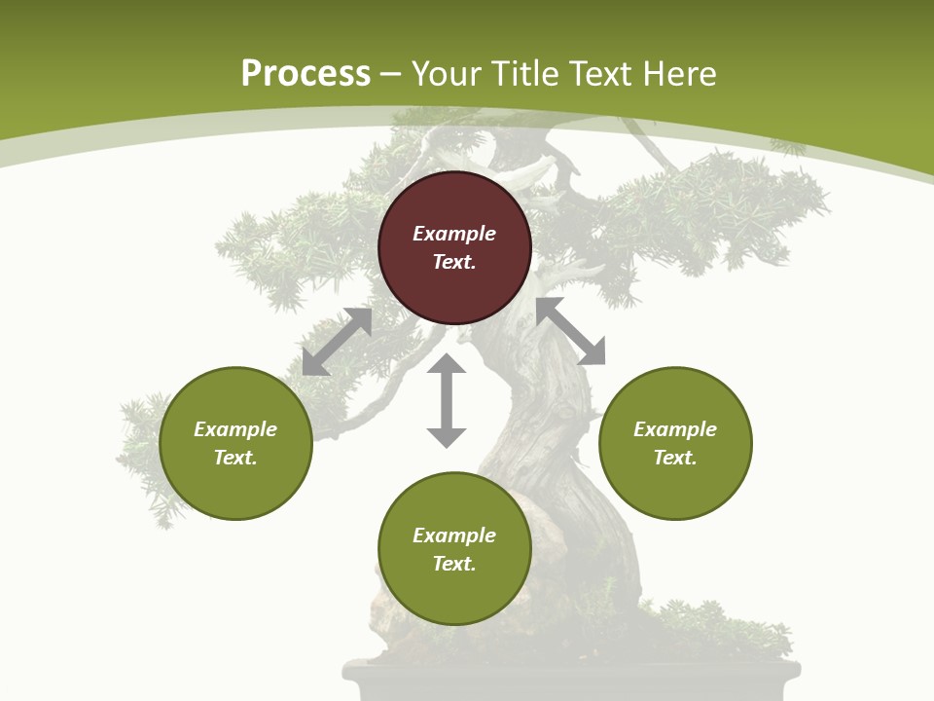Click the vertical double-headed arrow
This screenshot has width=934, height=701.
coord(447,401)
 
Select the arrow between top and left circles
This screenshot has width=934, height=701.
coord(337,342)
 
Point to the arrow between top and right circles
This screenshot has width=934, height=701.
coord(571,332)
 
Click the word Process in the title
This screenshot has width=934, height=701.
coord(305,74)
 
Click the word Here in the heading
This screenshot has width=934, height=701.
coord(679,74)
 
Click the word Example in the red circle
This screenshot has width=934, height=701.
coord(454,234)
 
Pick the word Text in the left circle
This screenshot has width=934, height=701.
coord(235,458)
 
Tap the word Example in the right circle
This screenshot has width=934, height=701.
coord(675,429)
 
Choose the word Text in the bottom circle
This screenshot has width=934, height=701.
coord(454,564)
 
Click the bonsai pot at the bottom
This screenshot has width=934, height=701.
coord(572,681)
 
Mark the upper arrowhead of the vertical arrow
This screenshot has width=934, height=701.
coord(447,365)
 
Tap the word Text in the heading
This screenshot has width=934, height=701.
coord(602,74)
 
